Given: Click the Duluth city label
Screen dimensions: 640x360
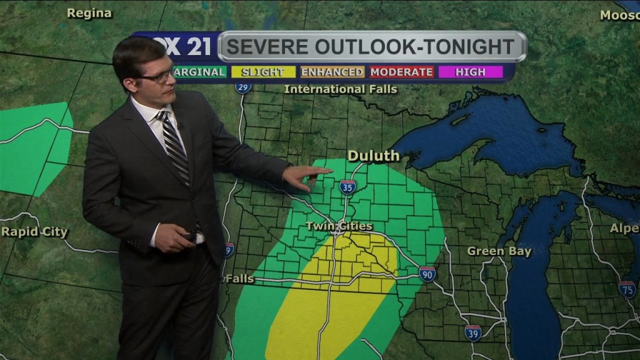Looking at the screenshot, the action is point(374,156).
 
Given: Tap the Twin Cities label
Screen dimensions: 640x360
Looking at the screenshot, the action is point(339,226).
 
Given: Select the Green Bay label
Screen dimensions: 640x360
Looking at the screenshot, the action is point(499,252).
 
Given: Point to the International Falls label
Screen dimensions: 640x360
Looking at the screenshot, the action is point(341,89).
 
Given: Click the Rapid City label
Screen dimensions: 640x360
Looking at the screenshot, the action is point(34,232).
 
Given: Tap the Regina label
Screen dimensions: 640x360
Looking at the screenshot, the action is point(89,13).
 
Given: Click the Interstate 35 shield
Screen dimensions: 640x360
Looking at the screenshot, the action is point(347,186).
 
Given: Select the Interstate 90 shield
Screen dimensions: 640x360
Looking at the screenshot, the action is point(427,274).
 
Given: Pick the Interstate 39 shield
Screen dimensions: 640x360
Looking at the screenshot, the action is point(473,332).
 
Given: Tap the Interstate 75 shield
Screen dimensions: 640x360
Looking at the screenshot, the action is point(627,288).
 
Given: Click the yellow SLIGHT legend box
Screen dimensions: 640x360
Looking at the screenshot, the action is point(263,72).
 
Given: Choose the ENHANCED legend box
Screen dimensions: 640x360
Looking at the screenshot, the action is point(332,72).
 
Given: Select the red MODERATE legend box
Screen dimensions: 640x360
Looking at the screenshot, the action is point(401,72).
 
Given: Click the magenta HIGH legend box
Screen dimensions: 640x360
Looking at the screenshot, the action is point(470,72).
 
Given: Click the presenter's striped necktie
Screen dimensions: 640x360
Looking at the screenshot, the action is point(176,147).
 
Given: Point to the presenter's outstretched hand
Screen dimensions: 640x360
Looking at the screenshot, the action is point(306,176).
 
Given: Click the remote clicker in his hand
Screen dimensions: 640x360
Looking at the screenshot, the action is point(189,236).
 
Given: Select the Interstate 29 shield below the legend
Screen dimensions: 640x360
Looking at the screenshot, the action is point(244,86).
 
